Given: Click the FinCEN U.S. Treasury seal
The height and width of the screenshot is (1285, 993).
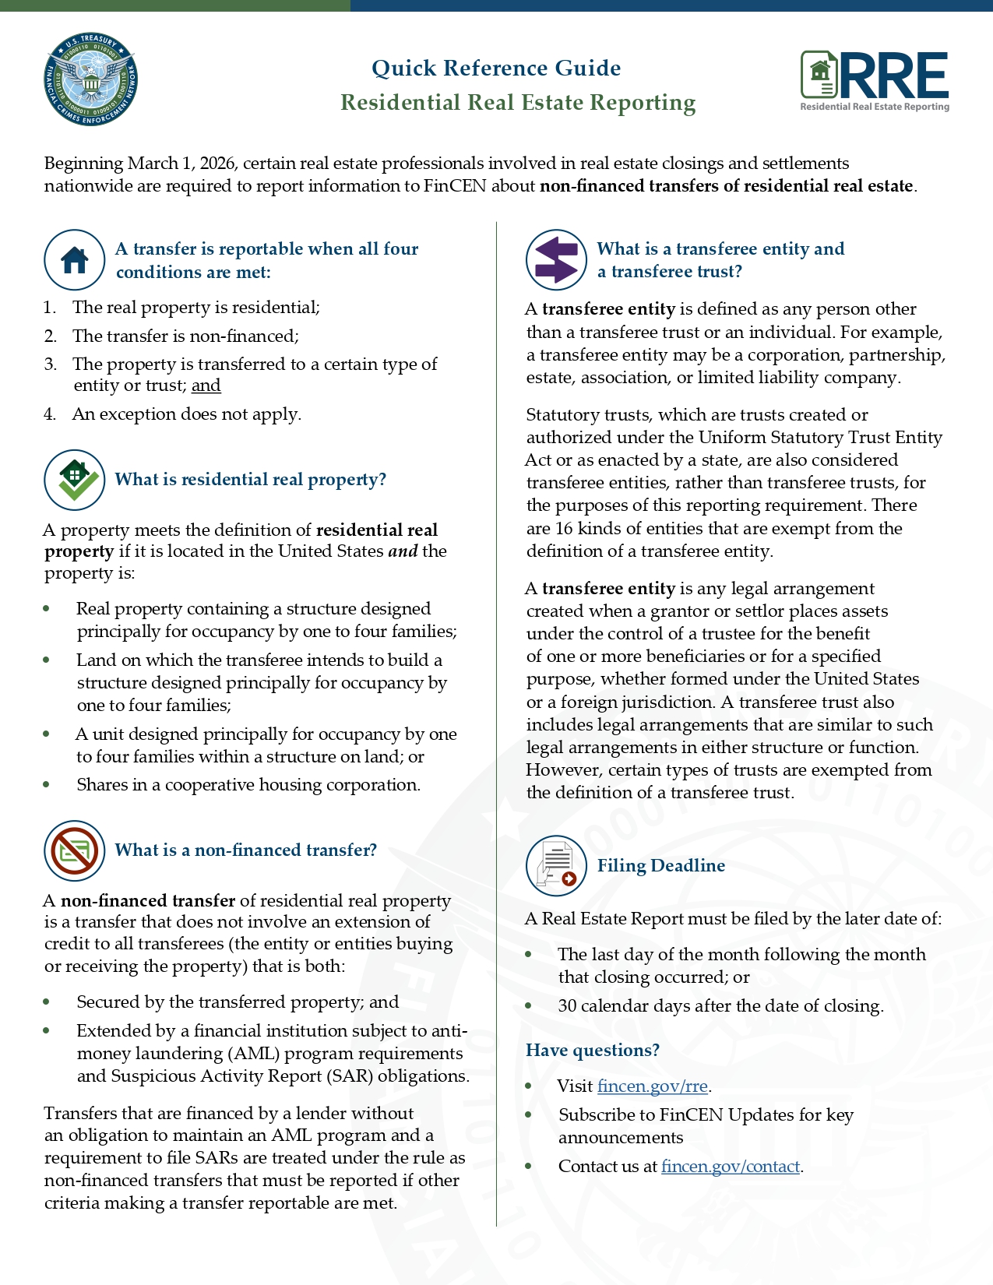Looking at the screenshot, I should pyautogui.click(x=91, y=79).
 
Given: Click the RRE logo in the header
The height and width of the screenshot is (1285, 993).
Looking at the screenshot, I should pyautogui.click(x=875, y=81).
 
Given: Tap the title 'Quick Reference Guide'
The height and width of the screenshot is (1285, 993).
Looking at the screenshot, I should pyautogui.click(x=496, y=69).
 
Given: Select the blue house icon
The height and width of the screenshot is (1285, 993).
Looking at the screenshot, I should pyautogui.click(x=75, y=260).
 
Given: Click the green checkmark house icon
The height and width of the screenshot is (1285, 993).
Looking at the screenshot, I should pyautogui.click(x=75, y=480).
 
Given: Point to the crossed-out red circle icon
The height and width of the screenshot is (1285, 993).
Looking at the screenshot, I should pyautogui.click(x=75, y=850).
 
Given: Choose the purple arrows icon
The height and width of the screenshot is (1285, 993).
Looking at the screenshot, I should pyautogui.click(x=556, y=260).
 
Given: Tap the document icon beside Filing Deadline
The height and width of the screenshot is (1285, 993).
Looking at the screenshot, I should pyautogui.click(x=556, y=866).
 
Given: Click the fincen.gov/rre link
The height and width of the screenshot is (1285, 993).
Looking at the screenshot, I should pyautogui.click(x=653, y=1086).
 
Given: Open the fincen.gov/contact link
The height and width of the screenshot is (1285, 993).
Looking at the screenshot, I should pyautogui.click(x=731, y=1167).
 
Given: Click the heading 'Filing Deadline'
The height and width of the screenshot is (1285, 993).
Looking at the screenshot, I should pyautogui.click(x=661, y=866).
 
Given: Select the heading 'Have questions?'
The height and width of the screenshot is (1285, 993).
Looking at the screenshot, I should pyautogui.click(x=593, y=1051).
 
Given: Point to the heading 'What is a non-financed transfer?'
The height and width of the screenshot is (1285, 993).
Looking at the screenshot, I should pyautogui.click(x=246, y=850).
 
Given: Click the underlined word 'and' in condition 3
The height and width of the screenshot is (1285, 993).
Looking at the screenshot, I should pyautogui.click(x=206, y=385).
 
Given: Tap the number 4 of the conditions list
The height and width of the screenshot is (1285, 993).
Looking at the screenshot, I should pyautogui.click(x=50, y=414).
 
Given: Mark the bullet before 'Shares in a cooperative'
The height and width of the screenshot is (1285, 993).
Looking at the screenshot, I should pyautogui.click(x=48, y=785).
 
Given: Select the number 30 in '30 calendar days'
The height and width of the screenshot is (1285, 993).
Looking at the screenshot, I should pyautogui.click(x=567, y=1006).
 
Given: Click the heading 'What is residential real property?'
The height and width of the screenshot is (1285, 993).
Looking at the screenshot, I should pyautogui.click(x=251, y=480).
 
